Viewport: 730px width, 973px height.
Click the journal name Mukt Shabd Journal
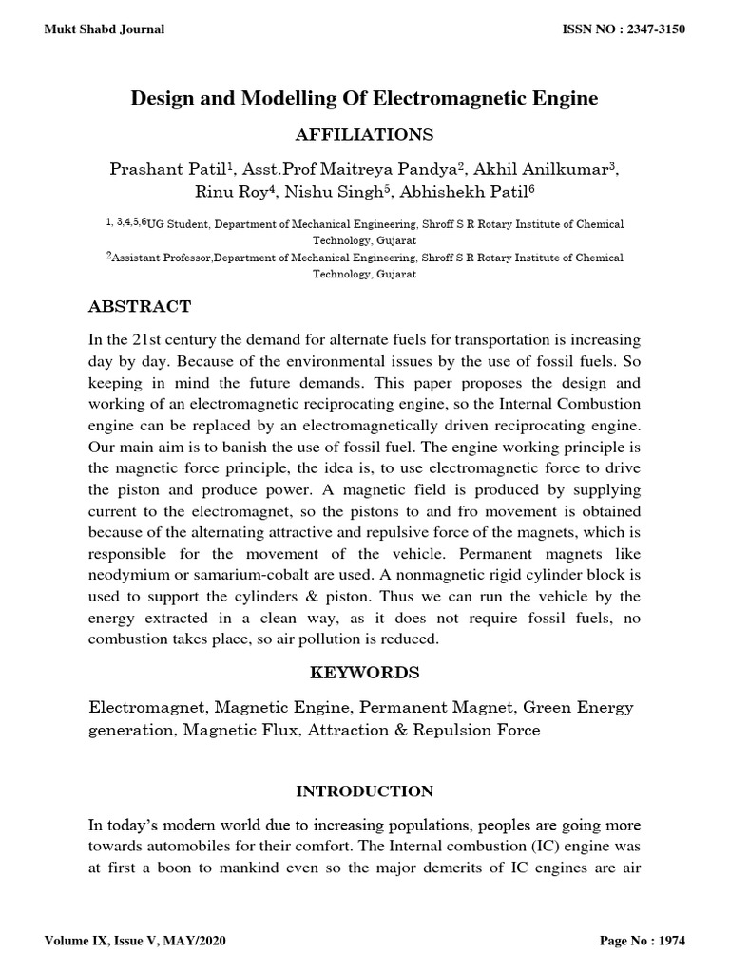[x=105, y=29]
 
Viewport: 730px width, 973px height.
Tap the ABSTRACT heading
[x=140, y=306]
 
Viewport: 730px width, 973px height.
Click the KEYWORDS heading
[x=365, y=673]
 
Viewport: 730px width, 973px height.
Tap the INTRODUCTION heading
[x=365, y=792]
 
